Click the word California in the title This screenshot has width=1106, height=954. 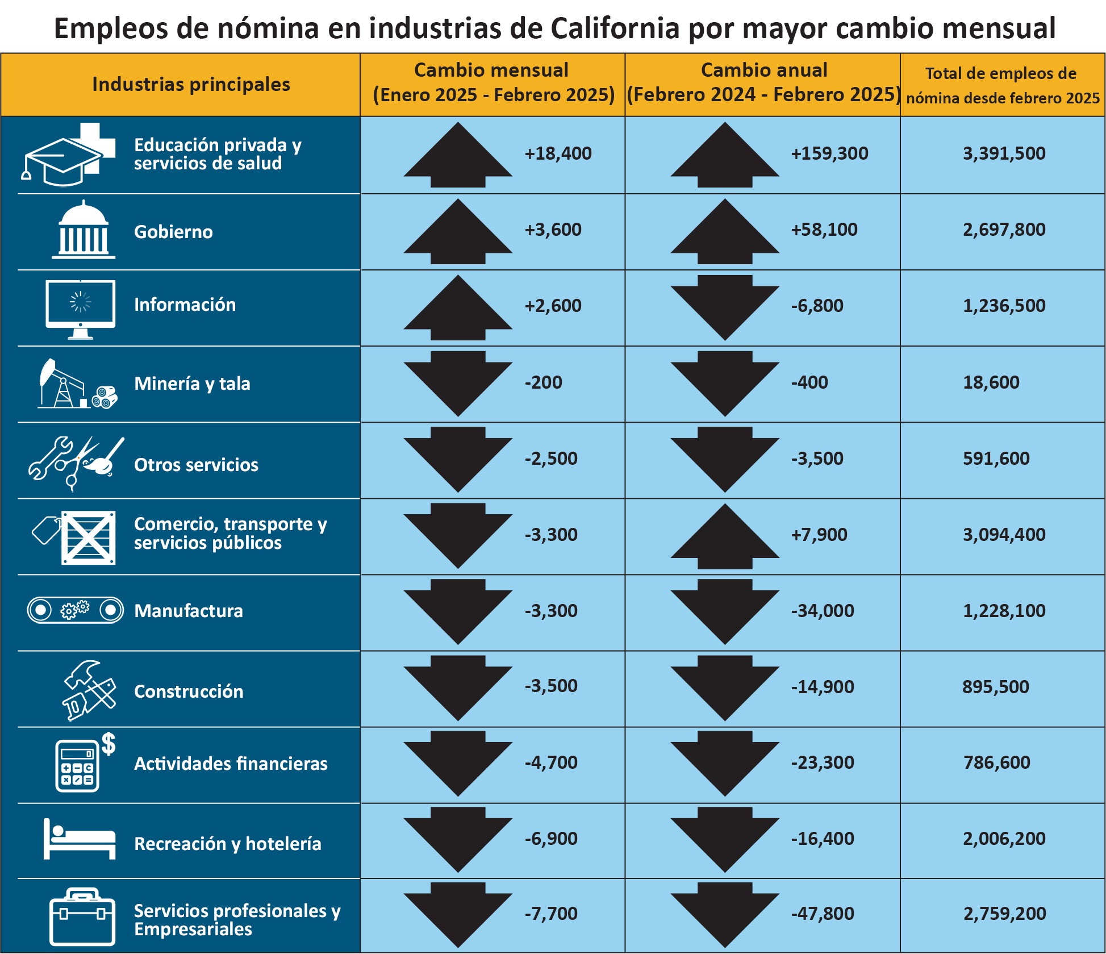(615, 28)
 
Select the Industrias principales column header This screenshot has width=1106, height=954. (191, 85)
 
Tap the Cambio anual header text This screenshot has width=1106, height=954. (763, 70)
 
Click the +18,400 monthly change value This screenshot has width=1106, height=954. (558, 153)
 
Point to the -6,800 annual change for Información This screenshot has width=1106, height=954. (817, 306)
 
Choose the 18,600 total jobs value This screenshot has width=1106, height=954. (991, 382)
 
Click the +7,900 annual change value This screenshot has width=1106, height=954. (819, 535)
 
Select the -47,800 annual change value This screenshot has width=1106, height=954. (822, 914)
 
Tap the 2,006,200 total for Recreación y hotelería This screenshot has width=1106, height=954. (1004, 839)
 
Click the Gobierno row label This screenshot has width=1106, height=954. (173, 232)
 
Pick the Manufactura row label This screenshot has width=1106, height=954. (189, 611)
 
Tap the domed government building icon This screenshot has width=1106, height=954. (84, 230)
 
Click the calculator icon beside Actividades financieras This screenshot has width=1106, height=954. (77, 766)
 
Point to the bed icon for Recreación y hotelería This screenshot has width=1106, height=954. (80, 840)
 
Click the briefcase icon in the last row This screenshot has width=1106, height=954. (82, 917)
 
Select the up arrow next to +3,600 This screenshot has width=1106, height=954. (458, 232)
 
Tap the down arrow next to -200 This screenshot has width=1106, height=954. (458, 382)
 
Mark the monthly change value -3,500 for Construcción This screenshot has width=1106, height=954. (550, 686)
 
